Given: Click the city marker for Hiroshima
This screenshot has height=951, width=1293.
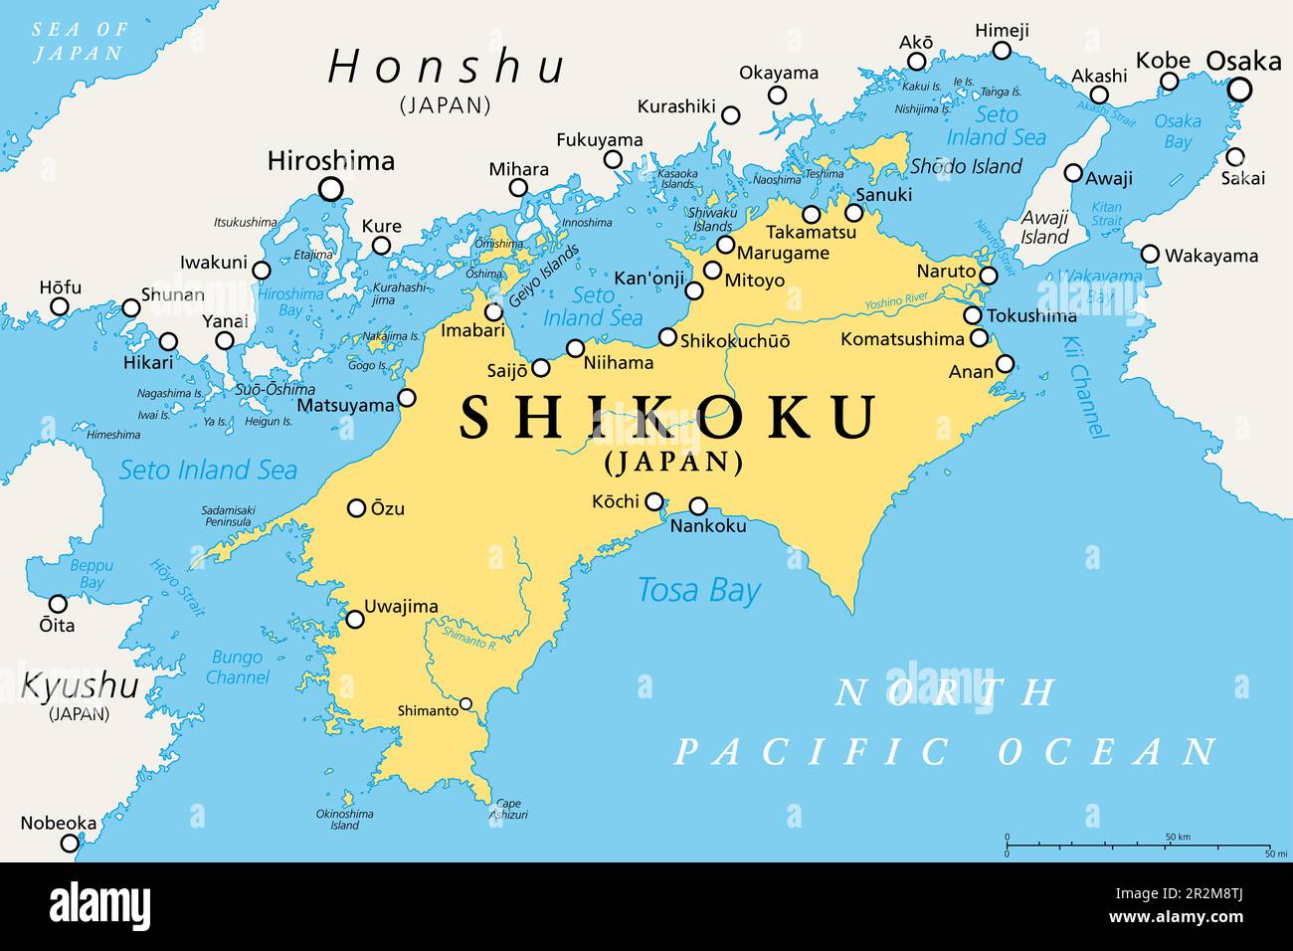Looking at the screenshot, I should [x=330, y=189].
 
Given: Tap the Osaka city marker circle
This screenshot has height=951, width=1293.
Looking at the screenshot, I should [x=1239, y=91].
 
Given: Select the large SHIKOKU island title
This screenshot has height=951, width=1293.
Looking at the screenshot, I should [x=668, y=417].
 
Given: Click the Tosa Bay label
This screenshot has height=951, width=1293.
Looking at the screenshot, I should [x=698, y=590].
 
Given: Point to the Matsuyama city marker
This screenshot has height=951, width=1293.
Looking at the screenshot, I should [x=407, y=399].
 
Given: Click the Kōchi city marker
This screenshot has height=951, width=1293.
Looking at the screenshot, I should [x=654, y=501].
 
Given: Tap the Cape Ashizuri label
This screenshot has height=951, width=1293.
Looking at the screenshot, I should [x=507, y=809].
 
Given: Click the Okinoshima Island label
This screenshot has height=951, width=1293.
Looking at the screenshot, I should [x=345, y=819].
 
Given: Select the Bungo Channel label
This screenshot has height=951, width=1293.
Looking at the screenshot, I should [x=238, y=667].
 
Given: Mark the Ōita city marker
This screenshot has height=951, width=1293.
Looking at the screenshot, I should [x=58, y=604].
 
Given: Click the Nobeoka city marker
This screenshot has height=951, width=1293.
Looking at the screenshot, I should [x=69, y=843].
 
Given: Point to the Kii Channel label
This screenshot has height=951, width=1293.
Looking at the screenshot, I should [x=1084, y=388].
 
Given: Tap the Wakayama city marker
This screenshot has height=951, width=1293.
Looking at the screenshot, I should [x=1150, y=254].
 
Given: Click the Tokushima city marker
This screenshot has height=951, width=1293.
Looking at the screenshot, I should [x=973, y=316].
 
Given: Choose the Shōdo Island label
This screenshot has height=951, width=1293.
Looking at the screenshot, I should [x=966, y=166].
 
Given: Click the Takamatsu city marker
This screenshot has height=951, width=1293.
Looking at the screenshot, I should [x=812, y=214].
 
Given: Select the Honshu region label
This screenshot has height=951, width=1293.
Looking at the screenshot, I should [x=447, y=68].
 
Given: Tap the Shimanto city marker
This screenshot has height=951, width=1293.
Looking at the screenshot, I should [x=465, y=704].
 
